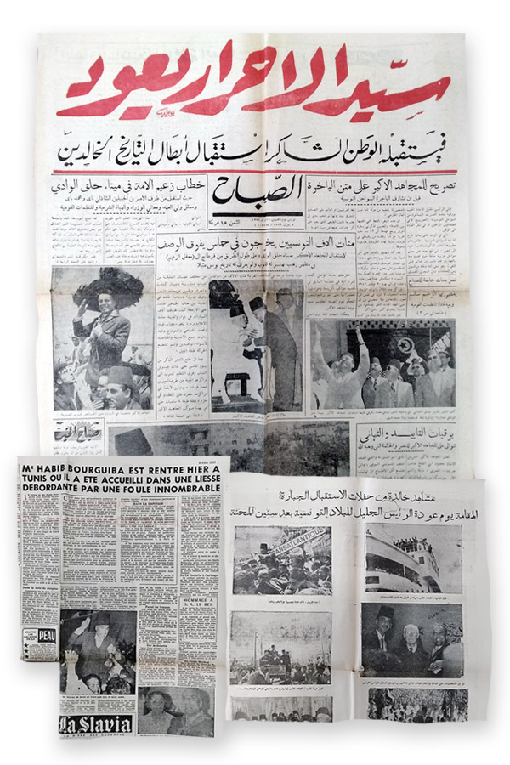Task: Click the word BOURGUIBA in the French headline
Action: [x=102, y=465]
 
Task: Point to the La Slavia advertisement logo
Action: [x=95, y=724]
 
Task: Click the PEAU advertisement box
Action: [x=39, y=643]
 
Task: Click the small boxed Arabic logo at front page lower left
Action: [x=77, y=433]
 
